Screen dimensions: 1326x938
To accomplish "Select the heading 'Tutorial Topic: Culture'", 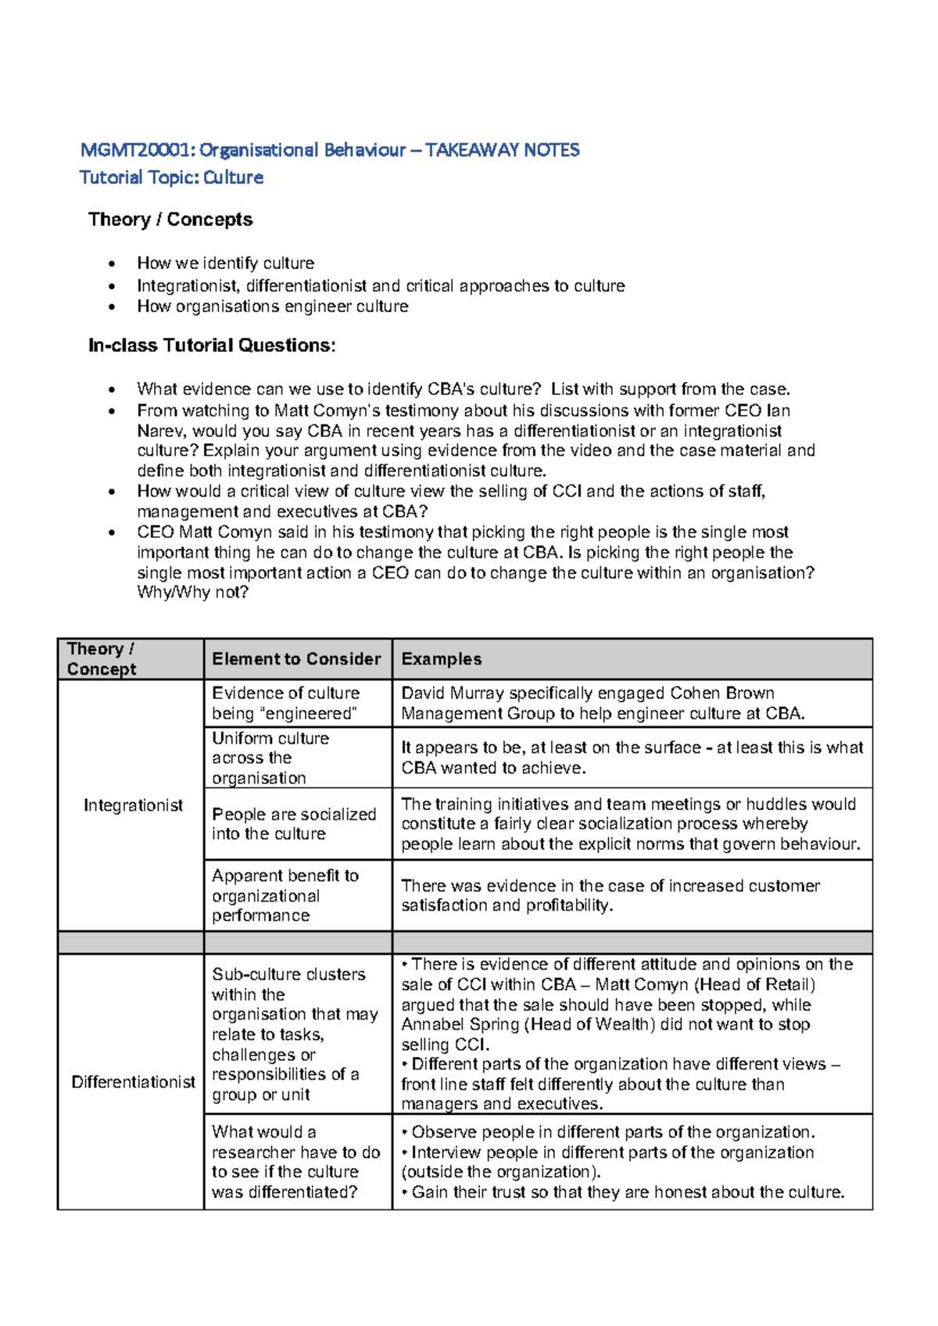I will click(171, 177).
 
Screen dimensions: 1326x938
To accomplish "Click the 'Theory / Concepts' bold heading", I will click(170, 220).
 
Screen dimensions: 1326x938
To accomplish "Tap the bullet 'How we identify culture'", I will click(225, 263).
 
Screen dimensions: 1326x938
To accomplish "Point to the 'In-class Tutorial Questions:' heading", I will click(212, 346).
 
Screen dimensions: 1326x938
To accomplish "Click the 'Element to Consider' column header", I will click(296, 659).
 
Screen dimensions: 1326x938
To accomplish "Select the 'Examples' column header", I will click(441, 659).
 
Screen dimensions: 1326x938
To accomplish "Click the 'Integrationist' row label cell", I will click(133, 805).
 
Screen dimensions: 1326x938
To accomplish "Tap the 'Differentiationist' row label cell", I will click(133, 1082).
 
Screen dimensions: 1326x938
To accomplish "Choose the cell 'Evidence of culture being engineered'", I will click(286, 703).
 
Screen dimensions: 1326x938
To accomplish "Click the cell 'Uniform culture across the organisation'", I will click(270, 758).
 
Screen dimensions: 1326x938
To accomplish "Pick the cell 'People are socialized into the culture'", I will click(294, 824).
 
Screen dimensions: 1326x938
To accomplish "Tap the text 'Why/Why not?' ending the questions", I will click(192, 593).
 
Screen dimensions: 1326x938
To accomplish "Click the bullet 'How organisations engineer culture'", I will click(272, 306).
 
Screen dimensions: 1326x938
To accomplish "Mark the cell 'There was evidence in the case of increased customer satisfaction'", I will click(610, 895).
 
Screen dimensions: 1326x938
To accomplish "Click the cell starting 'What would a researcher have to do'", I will click(295, 1162).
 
